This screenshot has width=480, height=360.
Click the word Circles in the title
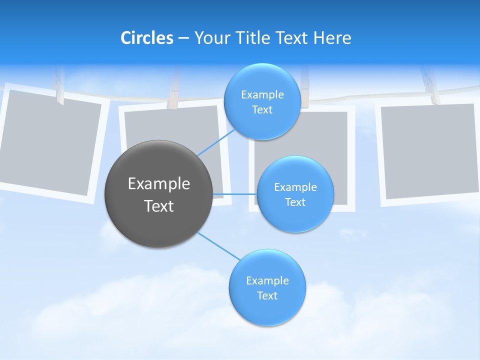(146, 38)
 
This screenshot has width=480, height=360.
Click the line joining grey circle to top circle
(216, 141)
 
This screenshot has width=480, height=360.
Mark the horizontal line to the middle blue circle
(235, 194)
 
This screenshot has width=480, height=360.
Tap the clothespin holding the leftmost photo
(59, 87)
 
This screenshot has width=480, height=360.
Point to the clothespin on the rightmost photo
(430, 85)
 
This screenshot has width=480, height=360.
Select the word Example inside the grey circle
(159, 184)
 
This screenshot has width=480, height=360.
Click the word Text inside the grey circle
(159, 206)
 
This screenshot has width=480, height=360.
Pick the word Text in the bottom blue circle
(267, 295)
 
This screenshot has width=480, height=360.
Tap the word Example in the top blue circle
(262, 95)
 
